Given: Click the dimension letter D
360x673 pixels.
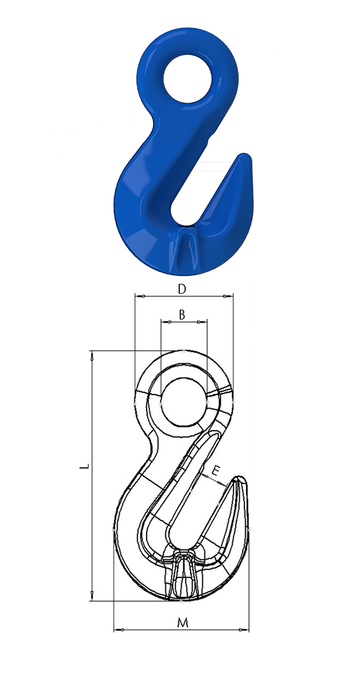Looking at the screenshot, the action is click(x=182, y=289).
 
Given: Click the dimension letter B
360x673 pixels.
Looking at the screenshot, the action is click(x=182, y=315).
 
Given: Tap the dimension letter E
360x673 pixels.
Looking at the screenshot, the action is click(x=215, y=472).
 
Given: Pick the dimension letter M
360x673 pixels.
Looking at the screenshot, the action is click(x=183, y=623).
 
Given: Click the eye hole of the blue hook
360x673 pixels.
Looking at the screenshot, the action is click(x=187, y=79).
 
